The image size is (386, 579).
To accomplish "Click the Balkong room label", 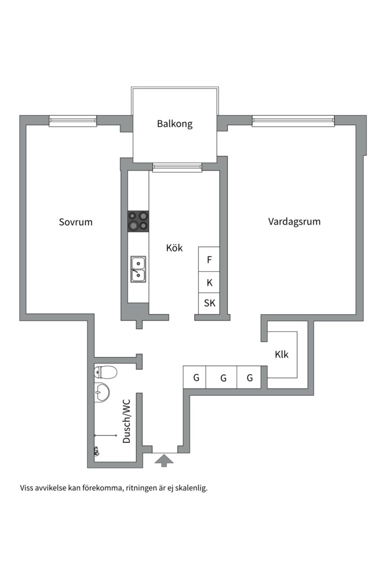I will [174, 124].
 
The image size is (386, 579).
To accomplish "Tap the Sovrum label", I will [76, 221].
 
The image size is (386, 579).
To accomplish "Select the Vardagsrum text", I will [294, 221].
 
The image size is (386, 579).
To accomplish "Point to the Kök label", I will [174, 248].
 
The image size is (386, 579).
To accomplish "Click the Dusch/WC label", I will [127, 423].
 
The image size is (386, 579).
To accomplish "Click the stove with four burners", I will [138, 221].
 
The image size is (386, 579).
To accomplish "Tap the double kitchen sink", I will [138, 269].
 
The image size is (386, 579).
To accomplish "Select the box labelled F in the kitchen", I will [209, 259].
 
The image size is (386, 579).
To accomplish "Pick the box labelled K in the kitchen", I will [209, 282].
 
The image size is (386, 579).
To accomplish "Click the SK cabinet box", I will [209, 303].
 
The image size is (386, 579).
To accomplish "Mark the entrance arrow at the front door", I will [163, 460].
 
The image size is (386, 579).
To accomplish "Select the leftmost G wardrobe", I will [196, 377].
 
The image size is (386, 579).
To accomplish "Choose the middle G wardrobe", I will [223, 377].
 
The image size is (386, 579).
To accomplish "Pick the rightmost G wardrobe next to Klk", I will [249, 377].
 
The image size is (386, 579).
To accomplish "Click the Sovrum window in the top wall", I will [73, 121].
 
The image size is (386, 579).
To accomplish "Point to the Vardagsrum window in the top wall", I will [293, 121].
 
